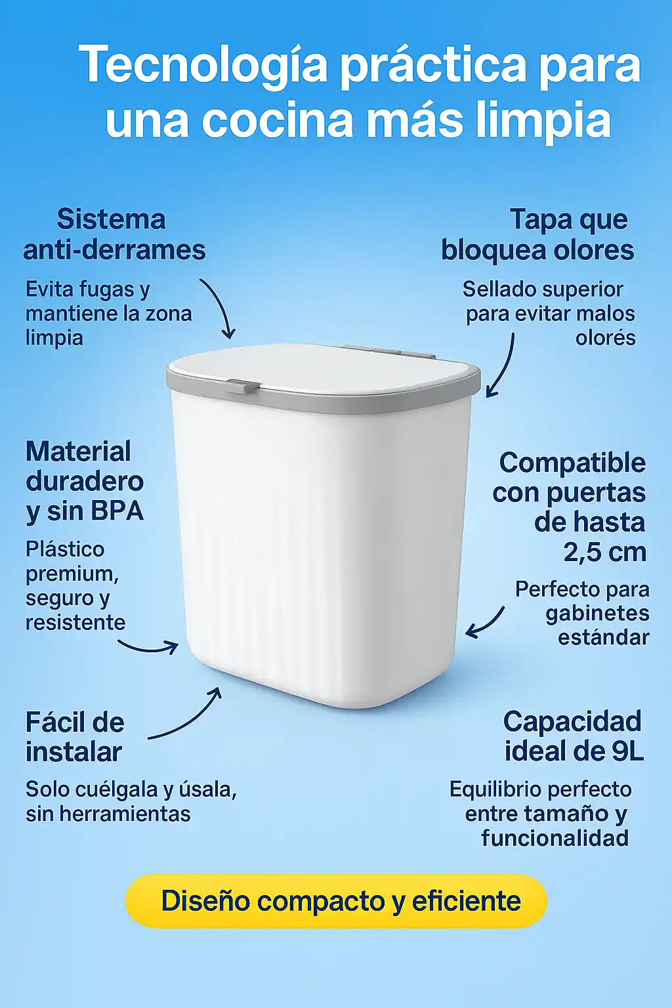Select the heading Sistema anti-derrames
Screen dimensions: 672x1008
tap(114, 234)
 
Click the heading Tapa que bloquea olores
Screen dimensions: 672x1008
tap(537, 234)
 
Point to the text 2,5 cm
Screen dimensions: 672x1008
tap(605, 552)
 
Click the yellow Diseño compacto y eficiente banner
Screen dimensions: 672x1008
tap(336, 913)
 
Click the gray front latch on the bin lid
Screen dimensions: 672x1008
tap(243, 385)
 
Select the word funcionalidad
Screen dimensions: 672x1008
tap(555, 838)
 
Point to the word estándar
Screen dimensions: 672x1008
tap(604, 637)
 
